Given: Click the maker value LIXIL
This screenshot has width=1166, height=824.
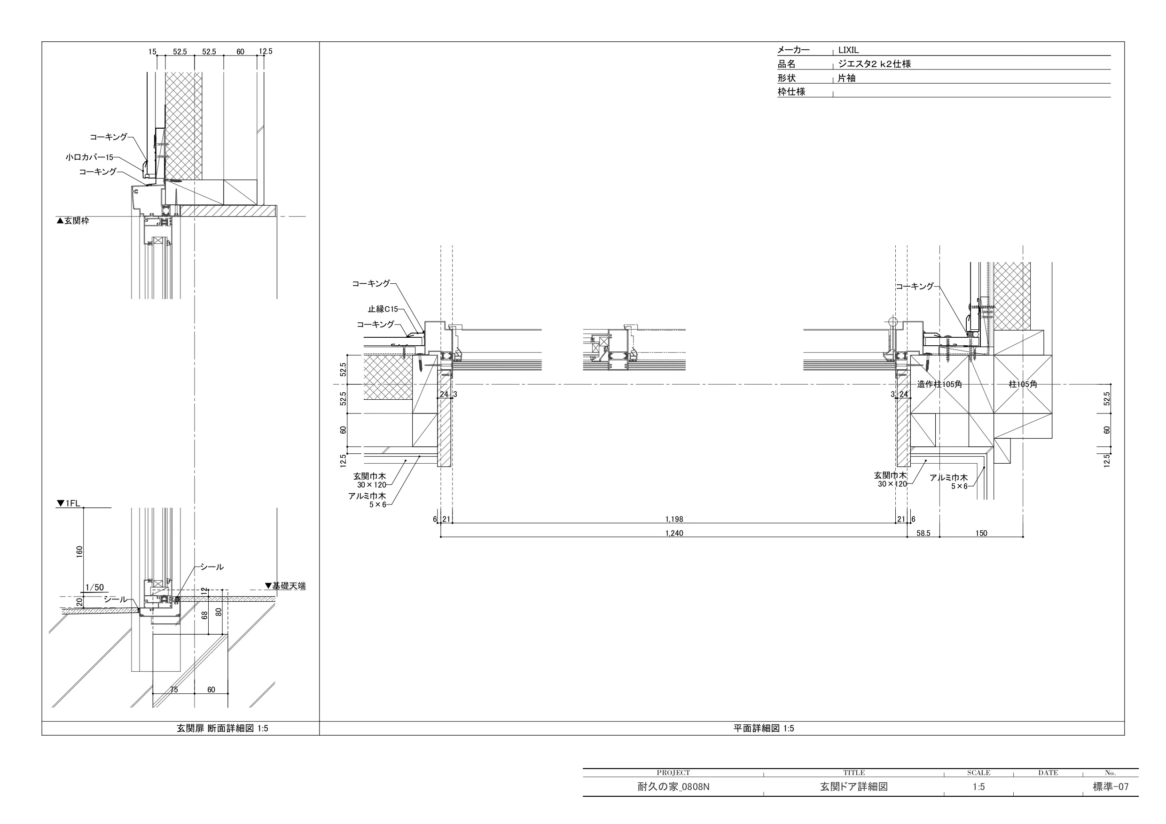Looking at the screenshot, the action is pos(848,50).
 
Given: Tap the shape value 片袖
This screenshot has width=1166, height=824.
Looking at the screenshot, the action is pos(846,78).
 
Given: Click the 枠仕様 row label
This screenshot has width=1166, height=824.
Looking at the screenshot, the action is pos(791,92).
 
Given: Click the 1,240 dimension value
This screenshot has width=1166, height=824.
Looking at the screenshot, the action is pos(674,533).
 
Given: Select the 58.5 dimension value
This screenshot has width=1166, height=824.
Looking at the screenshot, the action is pos(923,533).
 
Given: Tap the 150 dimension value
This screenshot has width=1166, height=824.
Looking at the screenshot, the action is pos(981,533).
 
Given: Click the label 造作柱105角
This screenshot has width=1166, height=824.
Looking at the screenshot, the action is pos(939,384).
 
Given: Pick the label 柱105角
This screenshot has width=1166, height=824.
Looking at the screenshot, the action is pos(1023,384).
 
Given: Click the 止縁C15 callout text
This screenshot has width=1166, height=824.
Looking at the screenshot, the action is pos(383,309).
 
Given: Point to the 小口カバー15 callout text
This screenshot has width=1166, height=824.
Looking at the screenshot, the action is pos(89,157).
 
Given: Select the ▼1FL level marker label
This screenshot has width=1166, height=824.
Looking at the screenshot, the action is pos(69,503).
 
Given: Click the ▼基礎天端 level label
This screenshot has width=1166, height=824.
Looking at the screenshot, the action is pos(285,586).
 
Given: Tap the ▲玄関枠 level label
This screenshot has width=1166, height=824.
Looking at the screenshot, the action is pos(73,221).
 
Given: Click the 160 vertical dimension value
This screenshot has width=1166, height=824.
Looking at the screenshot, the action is pos(79,552).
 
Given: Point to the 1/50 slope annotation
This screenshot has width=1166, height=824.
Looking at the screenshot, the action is pos(94,587).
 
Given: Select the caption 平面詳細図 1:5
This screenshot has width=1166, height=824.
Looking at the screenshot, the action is pos(764,728).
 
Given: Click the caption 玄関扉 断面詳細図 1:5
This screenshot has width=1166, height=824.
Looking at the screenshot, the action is pos(222,728).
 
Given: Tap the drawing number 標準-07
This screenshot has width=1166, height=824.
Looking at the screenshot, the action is pos(1111,787).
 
